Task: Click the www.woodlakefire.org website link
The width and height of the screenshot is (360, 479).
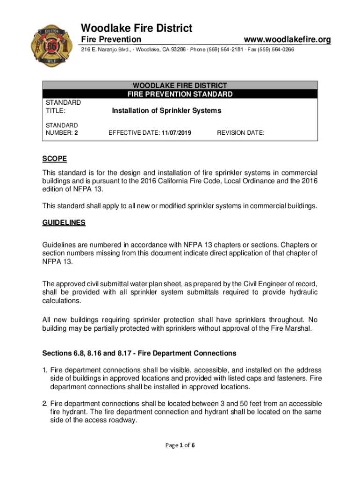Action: pyautogui.click(x=285, y=40)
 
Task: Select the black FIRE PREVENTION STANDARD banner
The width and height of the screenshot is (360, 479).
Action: pyautogui.click(x=180, y=94)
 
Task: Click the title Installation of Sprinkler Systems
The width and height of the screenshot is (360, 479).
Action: pyautogui.click(x=166, y=111)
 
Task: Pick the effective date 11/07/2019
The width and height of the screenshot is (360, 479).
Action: pyautogui.click(x=177, y=133)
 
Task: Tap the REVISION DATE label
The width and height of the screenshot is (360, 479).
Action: pyautogui.click(x=240, y=133)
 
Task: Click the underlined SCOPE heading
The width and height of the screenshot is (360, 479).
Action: pyautogui.click(x=55, y=159)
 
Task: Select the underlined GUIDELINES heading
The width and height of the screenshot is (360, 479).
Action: pyautogui.click(x=64, y=223)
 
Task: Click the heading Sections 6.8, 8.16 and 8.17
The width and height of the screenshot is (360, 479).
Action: pyautogui.click(x=139, y=353)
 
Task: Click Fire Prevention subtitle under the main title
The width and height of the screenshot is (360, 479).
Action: pyautogui.click(x=111, y=40)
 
